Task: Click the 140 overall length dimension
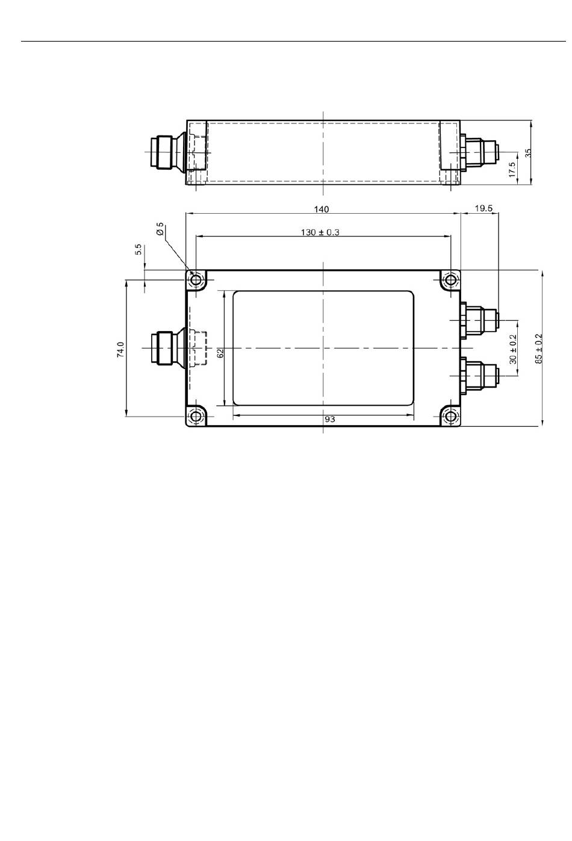tap(321, 209)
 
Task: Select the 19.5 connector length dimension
tap(483, 208)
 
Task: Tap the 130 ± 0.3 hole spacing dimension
tap(320, 232)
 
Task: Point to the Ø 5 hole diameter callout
tap(160, 229)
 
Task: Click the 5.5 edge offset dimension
tap(138, 249)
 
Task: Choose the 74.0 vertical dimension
tap(120, 349)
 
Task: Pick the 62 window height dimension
tap(220, 353)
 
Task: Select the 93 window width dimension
tap(329, 419)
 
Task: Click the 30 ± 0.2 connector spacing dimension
tap(513, 349)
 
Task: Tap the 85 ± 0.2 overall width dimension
tap(538, 349)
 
